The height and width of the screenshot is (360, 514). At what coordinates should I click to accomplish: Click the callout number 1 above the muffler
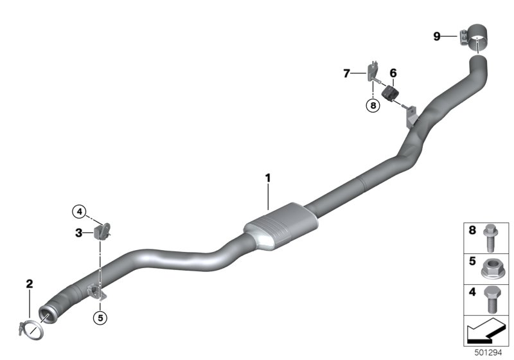(x=268, y=178)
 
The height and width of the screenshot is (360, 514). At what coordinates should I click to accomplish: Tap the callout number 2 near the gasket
(x=30, y=283)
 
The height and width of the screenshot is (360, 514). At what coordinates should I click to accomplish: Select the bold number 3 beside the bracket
(x=78, y=233)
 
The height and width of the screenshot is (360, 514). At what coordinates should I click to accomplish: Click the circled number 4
(x=79, y=212)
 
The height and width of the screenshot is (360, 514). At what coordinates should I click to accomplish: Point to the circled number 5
(x=100, y=318)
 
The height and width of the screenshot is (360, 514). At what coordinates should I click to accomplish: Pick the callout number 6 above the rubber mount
(x=393, y=73)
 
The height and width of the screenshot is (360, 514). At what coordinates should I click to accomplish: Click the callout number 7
(x=346, y=73)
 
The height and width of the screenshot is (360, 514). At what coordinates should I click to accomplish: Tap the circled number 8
(x=373, y=105)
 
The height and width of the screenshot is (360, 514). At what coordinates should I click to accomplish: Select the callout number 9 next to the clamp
(x=437, y=36)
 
